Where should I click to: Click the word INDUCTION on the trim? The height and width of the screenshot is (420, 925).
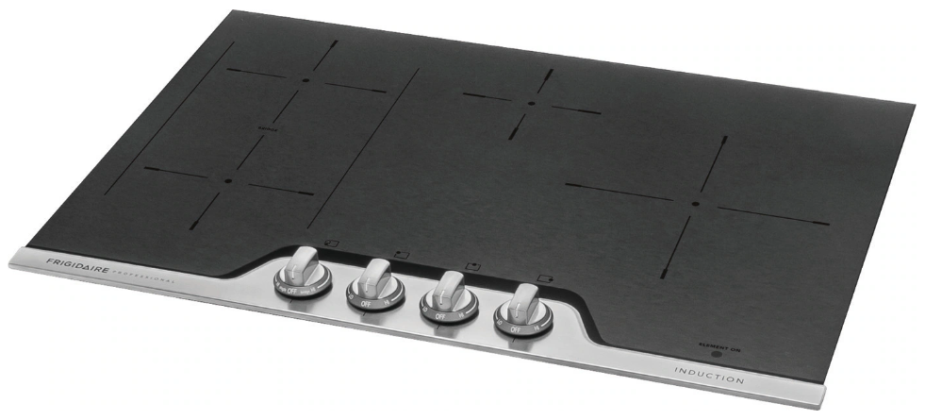point(709,376)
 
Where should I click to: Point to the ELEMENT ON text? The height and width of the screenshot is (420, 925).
point(715,346)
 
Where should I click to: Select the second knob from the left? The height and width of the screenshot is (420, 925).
point(374,282)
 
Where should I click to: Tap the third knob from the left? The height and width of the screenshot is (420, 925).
point(447,294)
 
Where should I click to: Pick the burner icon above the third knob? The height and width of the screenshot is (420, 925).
point(471,265)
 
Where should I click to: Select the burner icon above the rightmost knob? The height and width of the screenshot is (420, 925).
point(544,277)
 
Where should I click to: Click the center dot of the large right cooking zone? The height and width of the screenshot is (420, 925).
point(695,204)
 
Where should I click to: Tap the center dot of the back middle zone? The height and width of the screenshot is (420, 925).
point(531,103)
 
